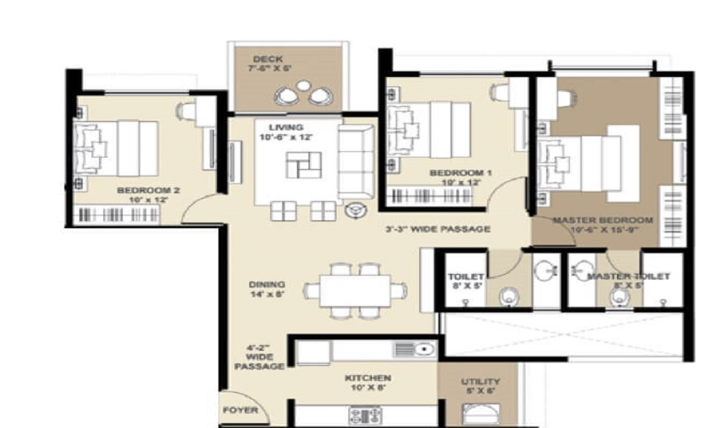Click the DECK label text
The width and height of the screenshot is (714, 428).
click(x=268, y=59)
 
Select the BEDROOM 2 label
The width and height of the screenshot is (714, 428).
click(x=148, y=190)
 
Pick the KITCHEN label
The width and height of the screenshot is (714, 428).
click(x=368, y=378)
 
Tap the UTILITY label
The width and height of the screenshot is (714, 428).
click(x=480, y=382)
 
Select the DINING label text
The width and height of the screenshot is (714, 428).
click(x=267, y=284)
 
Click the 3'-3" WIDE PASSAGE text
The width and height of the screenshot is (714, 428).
click(x=438, y=229)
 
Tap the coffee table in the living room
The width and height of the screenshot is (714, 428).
click(x=299, y=165)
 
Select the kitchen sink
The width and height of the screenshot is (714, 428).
click(x=414, y=350)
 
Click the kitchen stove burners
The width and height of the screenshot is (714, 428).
click(x=365, y=414)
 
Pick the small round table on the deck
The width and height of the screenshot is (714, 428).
click(x=304, y=86)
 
